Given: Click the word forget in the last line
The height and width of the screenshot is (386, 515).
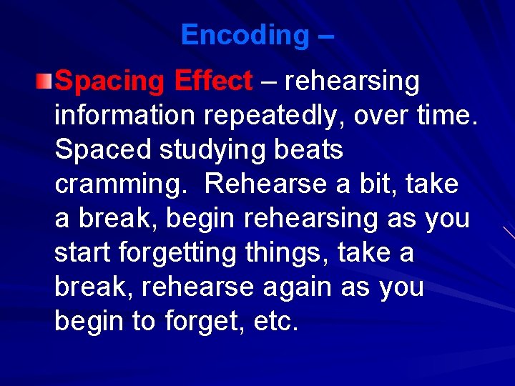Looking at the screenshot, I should [197, 322].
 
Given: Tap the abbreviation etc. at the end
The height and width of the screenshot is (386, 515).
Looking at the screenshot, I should [275, 322].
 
